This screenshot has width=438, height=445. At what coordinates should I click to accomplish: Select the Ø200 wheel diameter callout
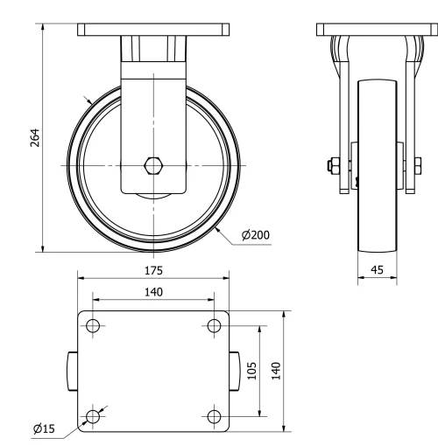(x=255, y=235)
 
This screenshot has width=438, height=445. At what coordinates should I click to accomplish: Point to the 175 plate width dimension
(x=154, y=270)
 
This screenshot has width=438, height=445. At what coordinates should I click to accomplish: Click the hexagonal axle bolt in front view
(x=154, y=165)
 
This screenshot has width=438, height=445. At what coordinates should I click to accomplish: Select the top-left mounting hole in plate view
(x=94, y=327)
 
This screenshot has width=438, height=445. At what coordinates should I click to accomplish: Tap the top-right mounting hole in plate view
(x=214, y=327)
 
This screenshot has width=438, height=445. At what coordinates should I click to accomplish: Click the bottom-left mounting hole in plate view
(x=94, y=416)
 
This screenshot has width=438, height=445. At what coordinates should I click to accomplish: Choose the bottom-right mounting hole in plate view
(x=214, y=416)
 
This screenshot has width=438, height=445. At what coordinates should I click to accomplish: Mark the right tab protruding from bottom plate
(x=236, y=372)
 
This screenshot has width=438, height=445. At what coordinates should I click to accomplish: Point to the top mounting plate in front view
(x=154, y=30)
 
